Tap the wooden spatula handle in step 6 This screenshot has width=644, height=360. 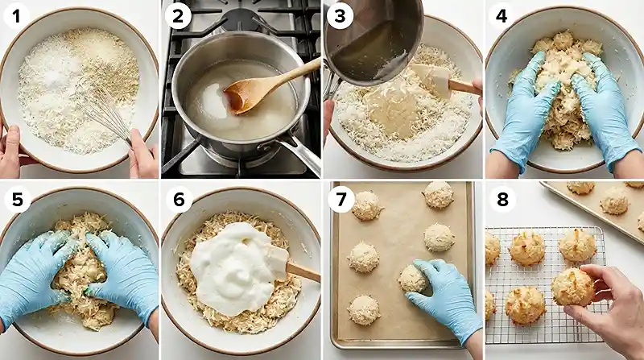[303, 271]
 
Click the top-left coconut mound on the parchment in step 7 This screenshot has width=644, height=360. [366, 205]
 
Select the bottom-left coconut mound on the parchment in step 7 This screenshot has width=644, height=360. [363, 309]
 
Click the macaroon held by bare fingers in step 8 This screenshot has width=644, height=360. [573, 287]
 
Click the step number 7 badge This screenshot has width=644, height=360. [341, 198]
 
